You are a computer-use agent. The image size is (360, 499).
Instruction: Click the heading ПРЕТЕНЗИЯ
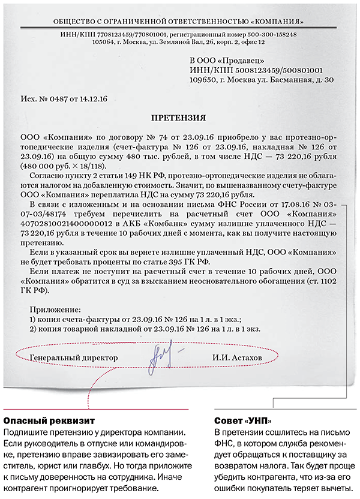[181, 118]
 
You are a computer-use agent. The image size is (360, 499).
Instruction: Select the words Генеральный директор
[73, 358]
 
